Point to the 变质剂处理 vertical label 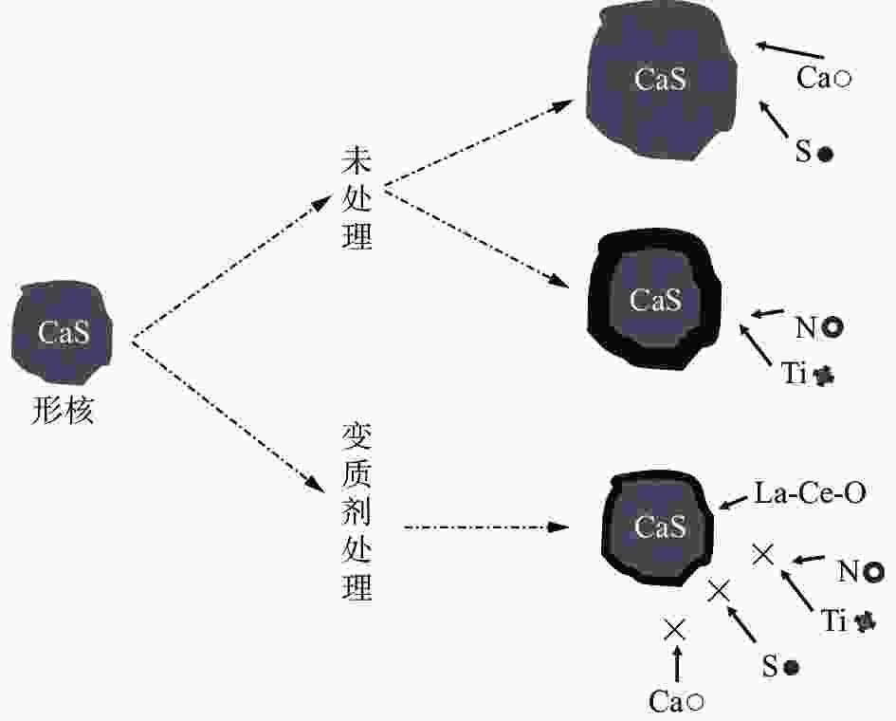(x=357, y=512)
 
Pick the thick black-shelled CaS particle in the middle (x=654, y=301)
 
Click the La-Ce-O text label (x=811, y=493)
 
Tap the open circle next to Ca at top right (x=842, y=80)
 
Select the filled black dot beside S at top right (x=826, y=154)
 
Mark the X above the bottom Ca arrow (x=675, y=628)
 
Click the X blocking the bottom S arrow (x=719, y=591)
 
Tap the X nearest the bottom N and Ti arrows (x=763, y=553)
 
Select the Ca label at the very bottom (x=667, y=701)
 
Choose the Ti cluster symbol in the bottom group (x=865, y=621)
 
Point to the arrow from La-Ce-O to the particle (x=736, y=499)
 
